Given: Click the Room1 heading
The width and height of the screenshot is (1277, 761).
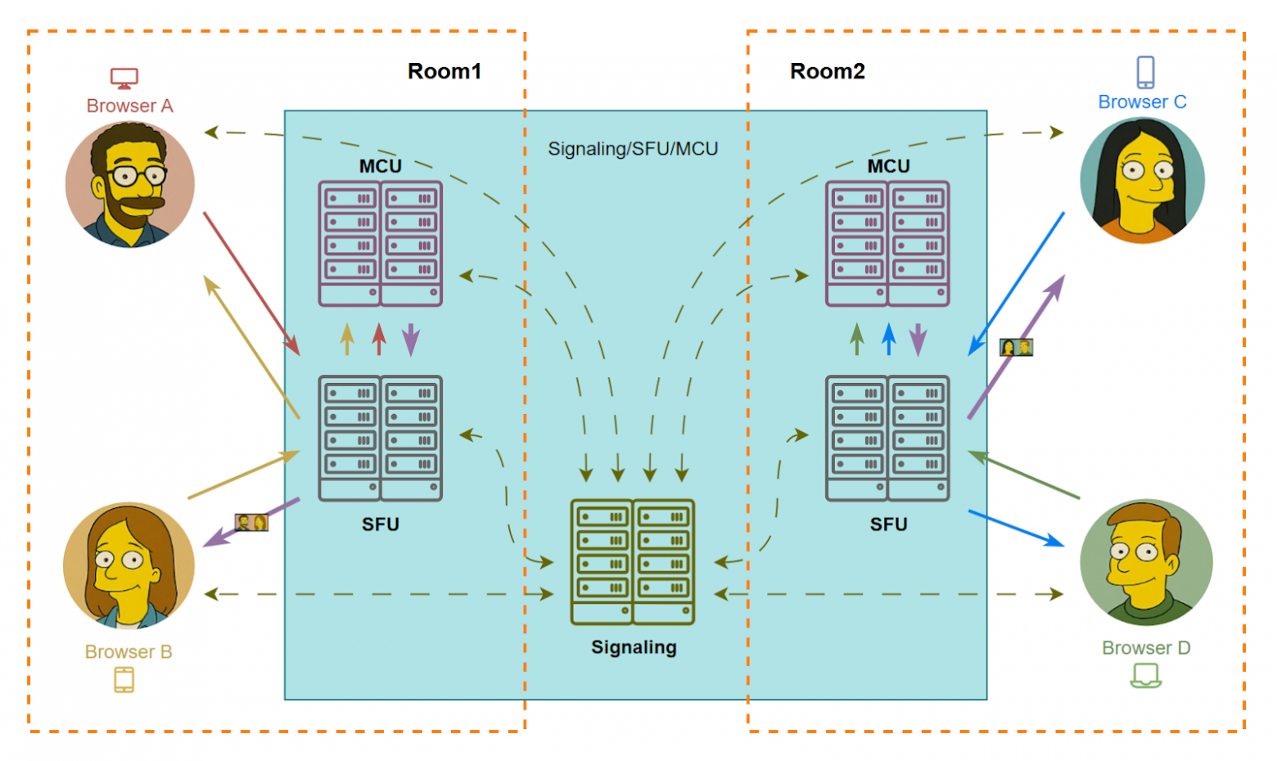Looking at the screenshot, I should click(x=444, y=72).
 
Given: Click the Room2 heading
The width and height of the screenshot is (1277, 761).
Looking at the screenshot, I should click(x=827, y=72).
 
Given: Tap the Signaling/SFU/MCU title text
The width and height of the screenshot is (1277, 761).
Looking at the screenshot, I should click(x=633, y=149).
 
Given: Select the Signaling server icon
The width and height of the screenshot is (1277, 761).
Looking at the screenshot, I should click(x=633, y=562).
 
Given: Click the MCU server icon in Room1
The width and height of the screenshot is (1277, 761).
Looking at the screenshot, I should click(x=381, y=244).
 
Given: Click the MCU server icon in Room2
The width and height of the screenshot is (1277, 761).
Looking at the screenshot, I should click(x=888, y=244).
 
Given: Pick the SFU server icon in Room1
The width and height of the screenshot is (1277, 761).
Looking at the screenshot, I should click(x=381, y=438).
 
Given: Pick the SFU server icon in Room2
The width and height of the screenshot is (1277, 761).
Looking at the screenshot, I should click(x=888, y=438).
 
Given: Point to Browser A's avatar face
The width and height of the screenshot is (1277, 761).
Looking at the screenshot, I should click(x=130, y=184).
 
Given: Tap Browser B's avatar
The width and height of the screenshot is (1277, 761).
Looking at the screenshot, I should click(x=129, y=565).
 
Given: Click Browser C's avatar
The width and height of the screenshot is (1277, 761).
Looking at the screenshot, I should click(x=1142, y=181).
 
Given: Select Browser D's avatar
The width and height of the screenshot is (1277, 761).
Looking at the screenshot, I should click(x=1146, y=563).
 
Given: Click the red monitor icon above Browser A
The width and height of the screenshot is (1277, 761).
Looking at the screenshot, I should click(x=124, y=79).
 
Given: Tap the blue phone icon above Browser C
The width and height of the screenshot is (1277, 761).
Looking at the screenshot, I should click(x=1145, y=72).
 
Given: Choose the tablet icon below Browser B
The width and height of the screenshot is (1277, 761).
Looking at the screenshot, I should click(x=124, y=680).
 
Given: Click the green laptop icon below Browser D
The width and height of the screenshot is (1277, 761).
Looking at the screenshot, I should click(x=1146, y=676).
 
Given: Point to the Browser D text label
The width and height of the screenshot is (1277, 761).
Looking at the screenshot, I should click(x=1146, y=648).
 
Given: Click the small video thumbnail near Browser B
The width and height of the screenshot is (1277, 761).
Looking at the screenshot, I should click(x=251, y=522).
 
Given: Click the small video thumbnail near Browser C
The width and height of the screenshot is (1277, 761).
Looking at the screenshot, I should click(x=1016, y=348).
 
